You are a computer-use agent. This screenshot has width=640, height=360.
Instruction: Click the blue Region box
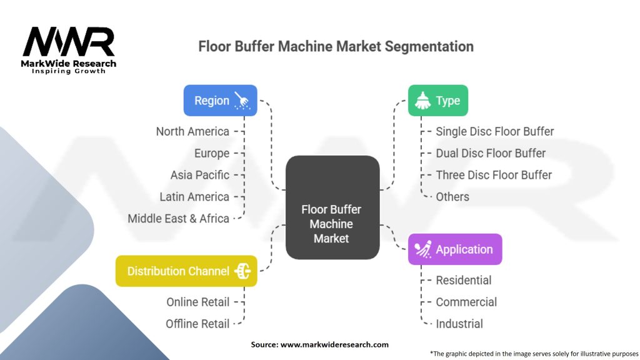220,101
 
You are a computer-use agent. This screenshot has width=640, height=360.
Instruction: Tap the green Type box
437,101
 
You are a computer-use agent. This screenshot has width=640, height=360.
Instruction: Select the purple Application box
454,249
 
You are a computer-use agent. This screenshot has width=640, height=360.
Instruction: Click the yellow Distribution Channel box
186,271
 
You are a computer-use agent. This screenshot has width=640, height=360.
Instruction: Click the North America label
192,131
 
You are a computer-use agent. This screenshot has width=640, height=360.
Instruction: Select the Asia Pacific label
200,175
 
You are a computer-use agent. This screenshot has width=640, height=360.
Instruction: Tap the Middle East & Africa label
178,219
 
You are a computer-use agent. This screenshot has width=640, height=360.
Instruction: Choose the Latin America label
194,197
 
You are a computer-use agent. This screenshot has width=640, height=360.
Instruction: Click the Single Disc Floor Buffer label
494,131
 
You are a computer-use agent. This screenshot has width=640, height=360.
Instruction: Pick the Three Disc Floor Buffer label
494,175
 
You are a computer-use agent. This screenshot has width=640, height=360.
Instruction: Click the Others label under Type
452,197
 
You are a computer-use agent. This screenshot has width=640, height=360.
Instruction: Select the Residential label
464,280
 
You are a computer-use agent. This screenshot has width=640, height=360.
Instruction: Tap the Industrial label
459,324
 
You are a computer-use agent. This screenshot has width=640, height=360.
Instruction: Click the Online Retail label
197,302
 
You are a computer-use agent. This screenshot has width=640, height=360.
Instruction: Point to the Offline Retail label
197,324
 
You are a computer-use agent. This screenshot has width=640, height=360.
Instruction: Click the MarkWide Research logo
69,50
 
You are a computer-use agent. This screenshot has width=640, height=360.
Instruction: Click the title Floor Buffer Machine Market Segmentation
336,47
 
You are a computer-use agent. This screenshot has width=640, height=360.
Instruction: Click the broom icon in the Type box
422,101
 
